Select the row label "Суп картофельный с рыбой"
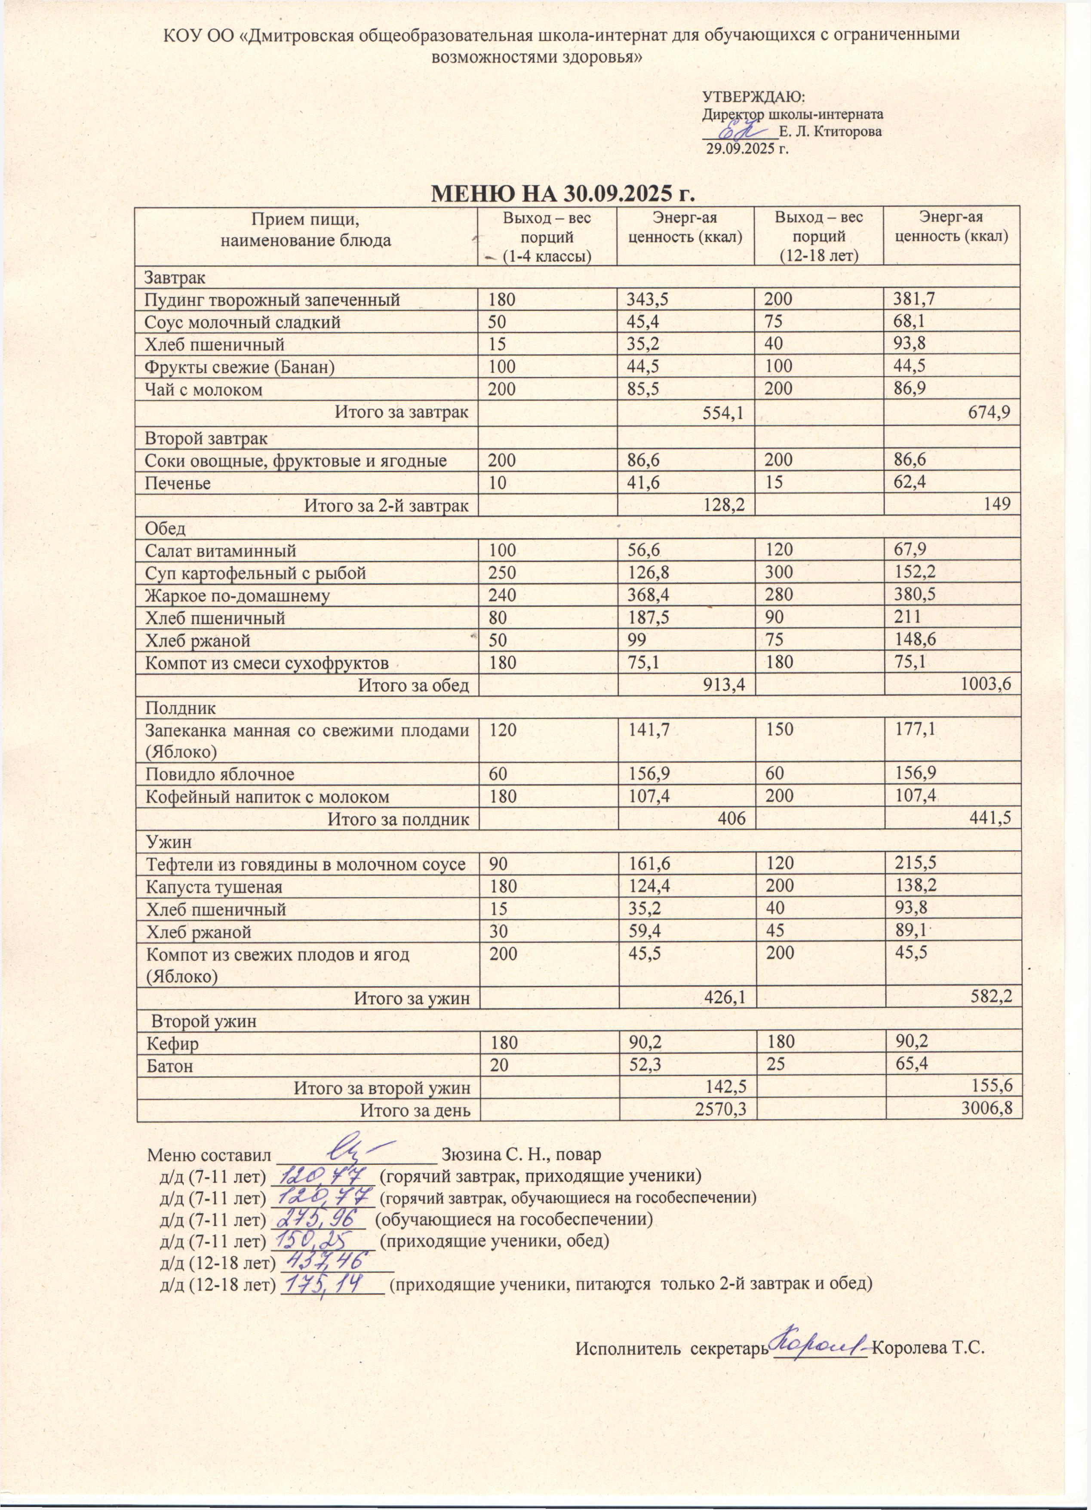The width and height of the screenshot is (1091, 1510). coord(255,573)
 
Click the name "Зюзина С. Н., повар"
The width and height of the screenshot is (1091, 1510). coord(520,1154)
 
